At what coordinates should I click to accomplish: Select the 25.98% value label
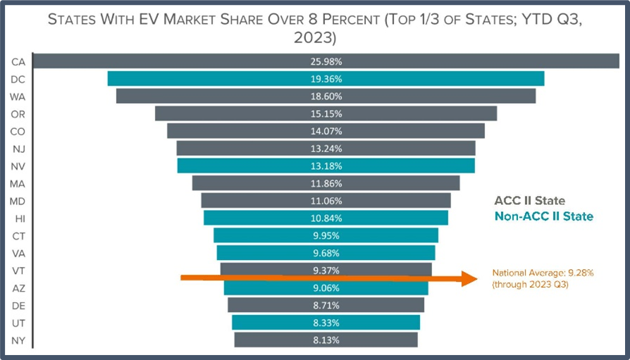click(x=326, y=62)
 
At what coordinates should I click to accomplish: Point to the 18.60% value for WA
click(x=326, y=96)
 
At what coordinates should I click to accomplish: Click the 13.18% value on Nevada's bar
click(x=326, y=166)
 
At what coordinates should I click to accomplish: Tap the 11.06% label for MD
click(x=326, y=201)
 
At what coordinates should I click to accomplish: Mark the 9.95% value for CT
click(x=326, y=235)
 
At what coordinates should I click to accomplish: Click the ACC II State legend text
click(x=529, y=201)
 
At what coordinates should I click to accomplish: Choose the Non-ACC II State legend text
click(x=543, y=217)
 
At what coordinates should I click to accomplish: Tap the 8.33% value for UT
click(x=326, y=323)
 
